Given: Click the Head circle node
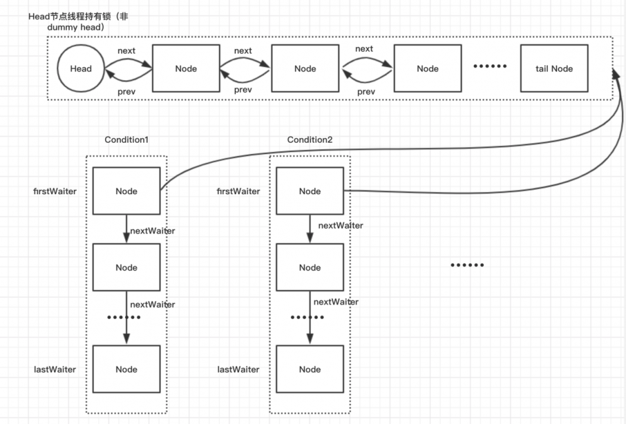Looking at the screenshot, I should (80, 69).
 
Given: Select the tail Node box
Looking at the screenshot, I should (554, 69).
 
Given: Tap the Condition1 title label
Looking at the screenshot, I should (126, 140).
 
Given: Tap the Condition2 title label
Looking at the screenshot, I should (310, 140).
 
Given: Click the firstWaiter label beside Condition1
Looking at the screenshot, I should (56, 191).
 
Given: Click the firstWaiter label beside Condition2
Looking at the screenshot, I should (239, 191).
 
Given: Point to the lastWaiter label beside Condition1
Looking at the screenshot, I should (55, 370).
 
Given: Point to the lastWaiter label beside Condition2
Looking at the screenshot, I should (238, 370).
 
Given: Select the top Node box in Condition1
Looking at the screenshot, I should (126, 191).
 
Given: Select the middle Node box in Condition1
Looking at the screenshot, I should (126, 267).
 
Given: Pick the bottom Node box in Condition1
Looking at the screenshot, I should (126, 370).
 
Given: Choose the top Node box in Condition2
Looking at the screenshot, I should (310, 191).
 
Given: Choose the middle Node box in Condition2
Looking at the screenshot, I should (310, 267).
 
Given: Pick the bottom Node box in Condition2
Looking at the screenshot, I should (310, 370).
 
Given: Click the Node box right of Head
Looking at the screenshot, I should (186, 69).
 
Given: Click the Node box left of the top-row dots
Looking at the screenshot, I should (428, 69).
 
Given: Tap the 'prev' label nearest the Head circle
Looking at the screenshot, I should (127, 91).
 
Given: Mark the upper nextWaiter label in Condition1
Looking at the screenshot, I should (153, 230).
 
